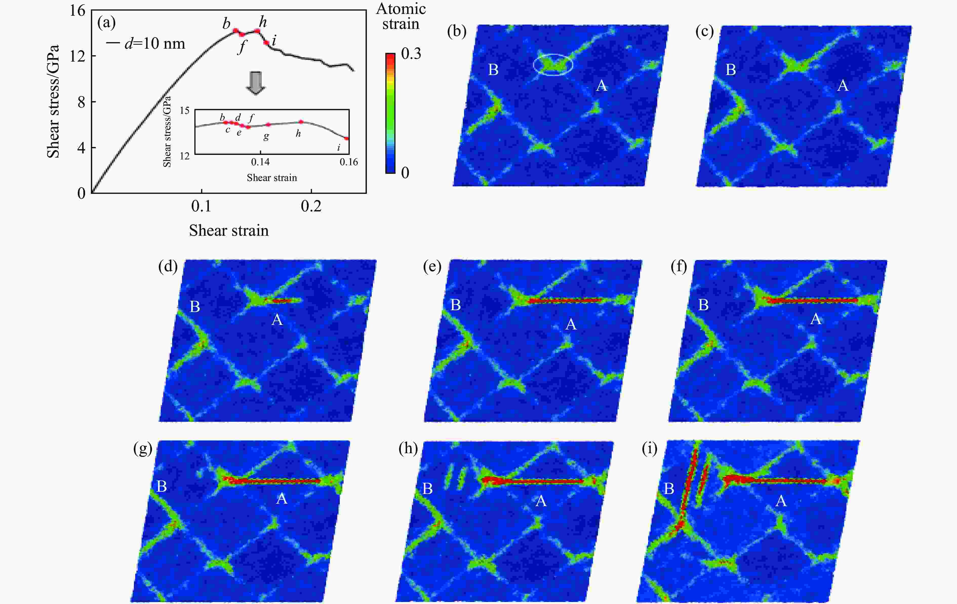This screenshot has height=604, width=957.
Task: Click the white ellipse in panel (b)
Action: [553, 64]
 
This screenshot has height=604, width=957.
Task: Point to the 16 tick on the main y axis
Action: [78, 11]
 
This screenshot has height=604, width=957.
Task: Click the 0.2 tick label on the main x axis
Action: [311, 206]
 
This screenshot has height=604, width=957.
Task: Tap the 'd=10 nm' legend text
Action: [155, 43]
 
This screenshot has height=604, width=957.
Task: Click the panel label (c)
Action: [704, 31]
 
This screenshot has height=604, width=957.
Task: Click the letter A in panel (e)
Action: [571, 324]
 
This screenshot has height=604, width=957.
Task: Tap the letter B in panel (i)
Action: [669, 489]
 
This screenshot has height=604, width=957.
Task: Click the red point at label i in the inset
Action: [347, 138]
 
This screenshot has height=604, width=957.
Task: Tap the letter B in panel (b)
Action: [493, 70]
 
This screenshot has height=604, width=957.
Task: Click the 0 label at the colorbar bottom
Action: [405, 173]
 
